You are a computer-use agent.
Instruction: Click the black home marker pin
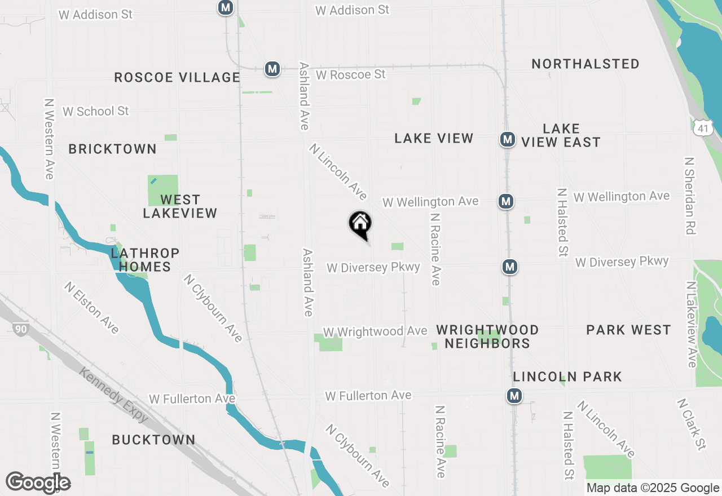tap(360, 224)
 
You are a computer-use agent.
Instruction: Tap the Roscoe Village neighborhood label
tap(177, 77)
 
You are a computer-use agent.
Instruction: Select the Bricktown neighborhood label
tap(113, 149)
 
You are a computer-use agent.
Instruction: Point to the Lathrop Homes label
tap(145, 260)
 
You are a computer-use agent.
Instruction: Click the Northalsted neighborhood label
tap(585, 64)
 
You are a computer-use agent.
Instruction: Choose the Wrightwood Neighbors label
tap(487, 336)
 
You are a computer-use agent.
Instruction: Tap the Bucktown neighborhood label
tap(153, 440)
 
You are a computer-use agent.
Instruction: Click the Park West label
tap(628, 330)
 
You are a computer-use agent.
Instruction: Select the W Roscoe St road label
tap(350, 74)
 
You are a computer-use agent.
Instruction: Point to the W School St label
tap(96, 111)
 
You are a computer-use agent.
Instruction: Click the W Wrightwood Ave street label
tap(375, 331)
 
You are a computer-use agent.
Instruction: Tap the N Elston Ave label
tap(91, 307)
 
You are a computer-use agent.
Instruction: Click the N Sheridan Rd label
tap(689, 195)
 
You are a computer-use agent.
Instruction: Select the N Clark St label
tap(691, 424)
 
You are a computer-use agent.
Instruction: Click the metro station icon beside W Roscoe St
tap(272, 69)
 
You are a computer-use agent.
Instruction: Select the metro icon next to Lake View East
tap(507, 139)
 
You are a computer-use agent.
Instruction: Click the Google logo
tap(38, 482)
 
